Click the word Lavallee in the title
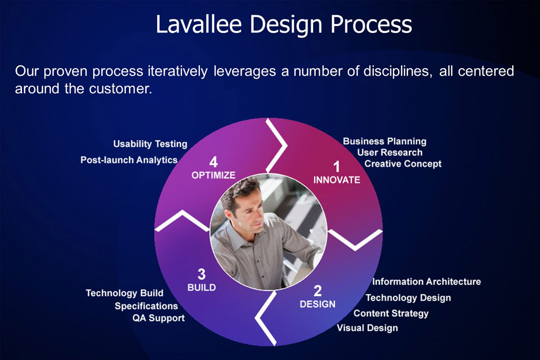tap(198, 24)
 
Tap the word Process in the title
tap(371, 24)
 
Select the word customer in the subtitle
tap(121, 89)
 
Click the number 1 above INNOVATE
tap(337, 166)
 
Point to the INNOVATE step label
tap(337, 180)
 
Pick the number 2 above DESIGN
tap(318, 291)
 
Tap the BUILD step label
tap(202, 288)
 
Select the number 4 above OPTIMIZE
tap(214, 162)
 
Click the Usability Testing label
tap(150, 144)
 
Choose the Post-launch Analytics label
tap(129, 160)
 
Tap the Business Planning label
tap(384, 142)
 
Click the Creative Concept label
tap(403, 164)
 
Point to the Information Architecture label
tap(427, 282)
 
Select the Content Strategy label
tap(391, 314)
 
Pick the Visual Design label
tap(367, 328)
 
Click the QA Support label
tap(158, 318)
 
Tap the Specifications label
tap(146, 306)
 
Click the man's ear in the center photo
tap(228, 215)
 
